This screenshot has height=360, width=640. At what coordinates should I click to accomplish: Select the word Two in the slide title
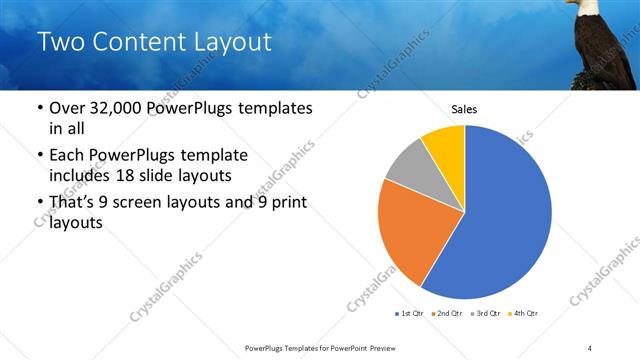(63, 42)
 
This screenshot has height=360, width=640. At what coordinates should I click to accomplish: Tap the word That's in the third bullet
(73, 203)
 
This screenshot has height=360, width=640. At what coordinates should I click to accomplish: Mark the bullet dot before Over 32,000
(39, 108)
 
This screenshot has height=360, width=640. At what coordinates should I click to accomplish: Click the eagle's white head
(590, 8)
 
